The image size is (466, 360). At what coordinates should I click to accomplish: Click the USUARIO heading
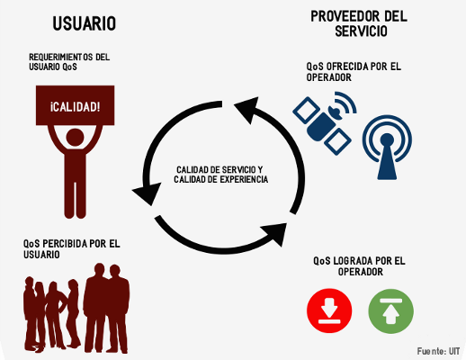point(85,23)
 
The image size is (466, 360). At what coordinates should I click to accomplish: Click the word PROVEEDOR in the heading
point(345,16)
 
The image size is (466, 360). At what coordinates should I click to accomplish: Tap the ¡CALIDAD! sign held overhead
point(75,105)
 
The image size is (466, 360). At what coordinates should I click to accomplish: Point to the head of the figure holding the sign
point(75,138)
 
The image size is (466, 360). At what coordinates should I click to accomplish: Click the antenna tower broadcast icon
point(387,148)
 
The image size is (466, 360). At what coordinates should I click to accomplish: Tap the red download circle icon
point(329,310)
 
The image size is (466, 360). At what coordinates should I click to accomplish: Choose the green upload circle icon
point(390,311)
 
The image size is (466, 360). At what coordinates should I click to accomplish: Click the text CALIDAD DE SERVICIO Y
point(220,170)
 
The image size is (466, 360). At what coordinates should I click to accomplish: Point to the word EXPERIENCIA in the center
point(244,179)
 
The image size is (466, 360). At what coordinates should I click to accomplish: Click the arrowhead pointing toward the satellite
point(246,109)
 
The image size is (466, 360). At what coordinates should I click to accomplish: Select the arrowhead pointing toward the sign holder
point(147,193)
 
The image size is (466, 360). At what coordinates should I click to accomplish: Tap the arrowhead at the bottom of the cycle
point(275,234)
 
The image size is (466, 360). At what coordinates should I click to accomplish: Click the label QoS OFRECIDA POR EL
point(354,67)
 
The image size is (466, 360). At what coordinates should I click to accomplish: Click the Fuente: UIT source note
point(438,351)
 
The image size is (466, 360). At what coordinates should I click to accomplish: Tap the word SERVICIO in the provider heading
point(361,31)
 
